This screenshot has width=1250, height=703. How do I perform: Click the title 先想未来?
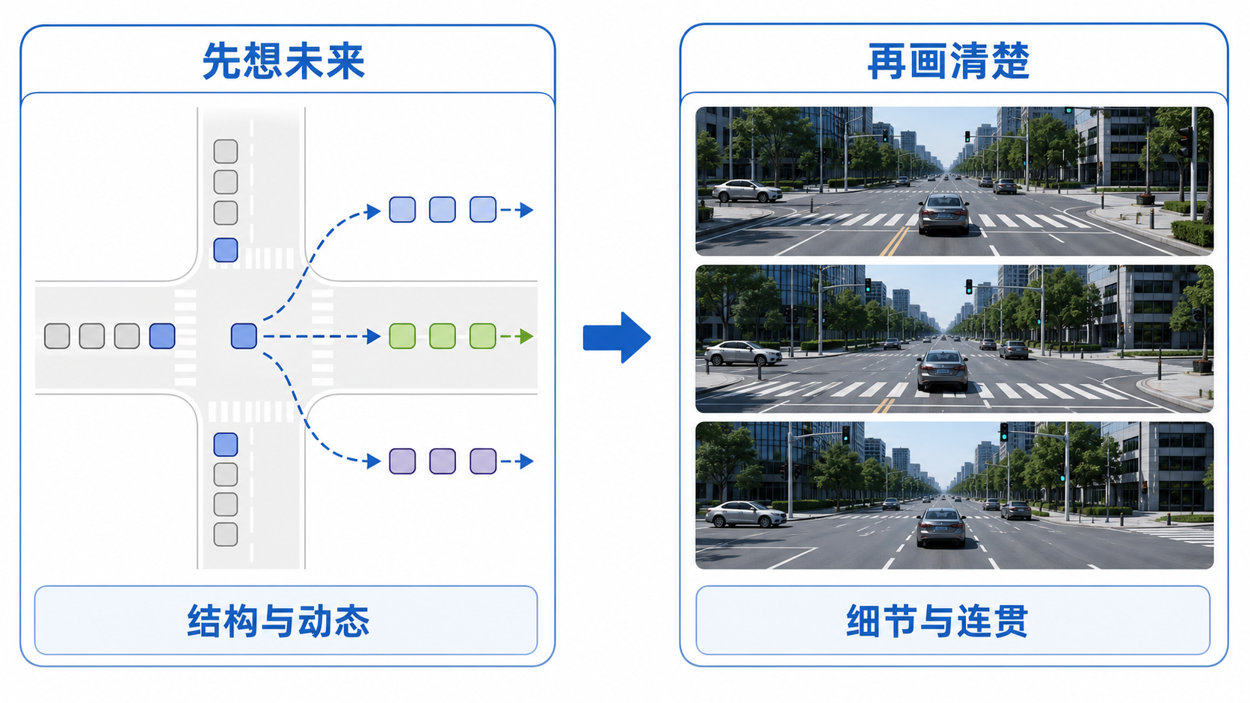[x=283, y=61]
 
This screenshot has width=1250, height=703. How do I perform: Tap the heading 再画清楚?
[x=948, y=61]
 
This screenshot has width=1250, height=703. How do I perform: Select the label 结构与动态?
[x=278, y=621]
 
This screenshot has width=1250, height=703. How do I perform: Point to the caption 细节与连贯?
[x=937, y=621]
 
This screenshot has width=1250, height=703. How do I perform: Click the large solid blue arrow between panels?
[x=617, y=337]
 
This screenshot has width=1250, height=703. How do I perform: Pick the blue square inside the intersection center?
[x=244, y=336]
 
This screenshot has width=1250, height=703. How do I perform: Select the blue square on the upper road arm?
[x=226, y=250]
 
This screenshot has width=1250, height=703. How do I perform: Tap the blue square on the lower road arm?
[x=226, y=445]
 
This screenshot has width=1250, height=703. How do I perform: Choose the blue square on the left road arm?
[x=162, y=336]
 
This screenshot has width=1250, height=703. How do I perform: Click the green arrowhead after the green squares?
[x=526, y=336]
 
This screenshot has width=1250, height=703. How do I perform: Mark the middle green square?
[x=443, y=336]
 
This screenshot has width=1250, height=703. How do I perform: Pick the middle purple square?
[x=443, y=461]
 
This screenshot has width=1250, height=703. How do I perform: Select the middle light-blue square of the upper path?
[x=443, y=210]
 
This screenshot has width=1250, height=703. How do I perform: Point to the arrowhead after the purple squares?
[x=526, y=461]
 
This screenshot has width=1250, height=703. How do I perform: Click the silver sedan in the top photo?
[x=747, y=191]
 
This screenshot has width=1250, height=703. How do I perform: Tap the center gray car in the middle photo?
[x=943, y=370]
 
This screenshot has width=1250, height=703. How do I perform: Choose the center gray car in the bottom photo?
[x=941, y=527]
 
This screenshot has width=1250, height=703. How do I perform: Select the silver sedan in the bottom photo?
[x=745, y=514]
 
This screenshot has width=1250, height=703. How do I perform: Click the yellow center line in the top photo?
[x=895, y=241]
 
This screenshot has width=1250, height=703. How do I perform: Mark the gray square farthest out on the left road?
[x=57, y=336]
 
